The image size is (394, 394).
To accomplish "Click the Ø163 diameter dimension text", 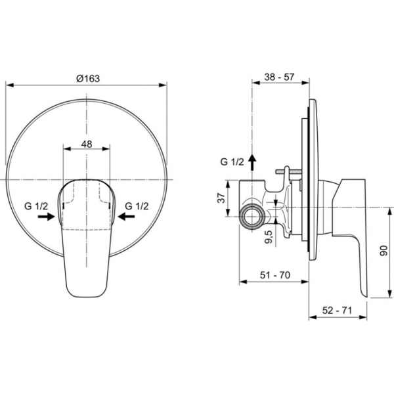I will (87, 77).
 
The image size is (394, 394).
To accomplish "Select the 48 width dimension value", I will (87, 144).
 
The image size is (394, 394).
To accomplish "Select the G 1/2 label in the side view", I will (232, 162).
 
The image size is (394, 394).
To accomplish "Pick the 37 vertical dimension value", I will (222, 197).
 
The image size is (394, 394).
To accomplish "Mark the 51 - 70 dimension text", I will (273, 275).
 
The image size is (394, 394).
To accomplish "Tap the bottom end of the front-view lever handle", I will (87, 292).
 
